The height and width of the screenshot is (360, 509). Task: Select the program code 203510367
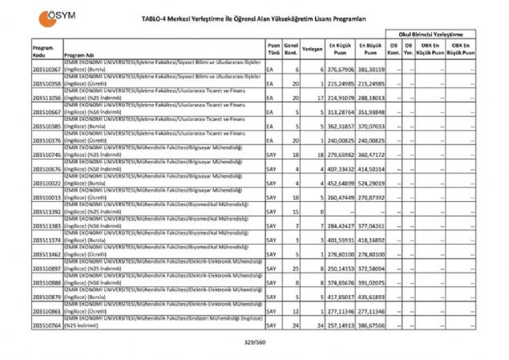[47, 71]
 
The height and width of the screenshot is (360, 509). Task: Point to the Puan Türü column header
[273, 49]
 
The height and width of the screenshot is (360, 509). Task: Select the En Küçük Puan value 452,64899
[340, 184]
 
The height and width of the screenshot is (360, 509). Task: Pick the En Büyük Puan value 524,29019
[371, 184]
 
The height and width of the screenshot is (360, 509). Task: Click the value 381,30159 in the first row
[371, 71]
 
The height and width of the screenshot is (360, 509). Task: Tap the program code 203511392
[47, 212]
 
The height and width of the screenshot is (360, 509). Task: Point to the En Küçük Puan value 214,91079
[340, 99]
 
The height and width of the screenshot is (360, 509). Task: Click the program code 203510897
[47, 269]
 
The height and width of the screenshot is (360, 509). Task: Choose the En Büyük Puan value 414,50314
[371, 169]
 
